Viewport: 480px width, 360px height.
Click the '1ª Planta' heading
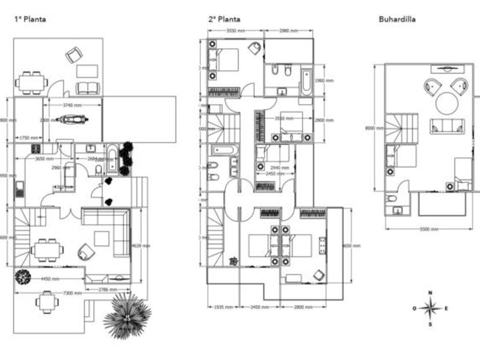coord(30,19)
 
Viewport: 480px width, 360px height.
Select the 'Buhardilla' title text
coord(397,19)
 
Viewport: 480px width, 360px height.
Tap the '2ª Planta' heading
coord(225,19)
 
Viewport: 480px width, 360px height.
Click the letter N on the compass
coord(430,293)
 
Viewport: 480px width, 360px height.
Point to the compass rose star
coord(430,309)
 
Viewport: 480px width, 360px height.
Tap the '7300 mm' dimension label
coord(72,293)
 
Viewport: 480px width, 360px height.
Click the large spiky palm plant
coord(127,315)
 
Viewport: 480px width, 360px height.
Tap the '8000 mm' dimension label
coord(371,128)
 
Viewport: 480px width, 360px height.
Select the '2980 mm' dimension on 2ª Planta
coord(289,30)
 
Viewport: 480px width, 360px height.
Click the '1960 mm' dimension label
coord(324,81)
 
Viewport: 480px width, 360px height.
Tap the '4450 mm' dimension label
coord(50,279)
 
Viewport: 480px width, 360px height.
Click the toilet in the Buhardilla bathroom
coord(391,198)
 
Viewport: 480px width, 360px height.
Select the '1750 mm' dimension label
coord(29,138)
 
